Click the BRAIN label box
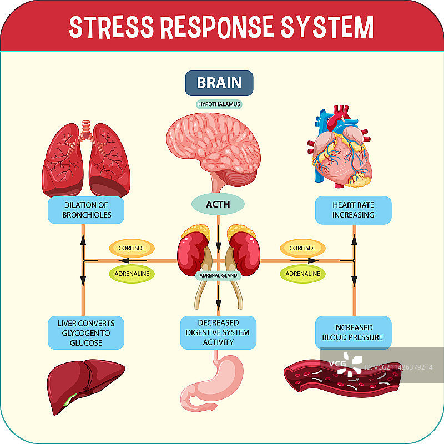coord(219,83)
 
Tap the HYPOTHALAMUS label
coord(220,104)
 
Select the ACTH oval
coord(218,204)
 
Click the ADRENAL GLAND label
coord(218,275)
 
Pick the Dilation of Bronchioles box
coord(85,210)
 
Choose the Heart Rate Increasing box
coord(354,210)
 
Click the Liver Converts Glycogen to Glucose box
coord(85,332)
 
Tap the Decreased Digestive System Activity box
coord(218,332)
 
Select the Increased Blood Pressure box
coord(354,332)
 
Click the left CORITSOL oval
coord(132,248)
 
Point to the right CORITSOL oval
coord(303,248)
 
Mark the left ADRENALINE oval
coord(132,274)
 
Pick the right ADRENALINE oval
coord(303,274)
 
